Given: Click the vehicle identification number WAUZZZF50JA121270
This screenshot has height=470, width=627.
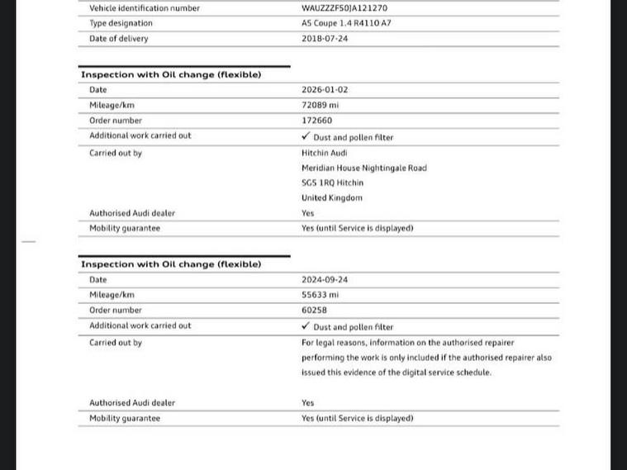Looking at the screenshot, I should point(344,8).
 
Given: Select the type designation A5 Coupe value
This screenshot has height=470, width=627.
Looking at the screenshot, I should point(346,23).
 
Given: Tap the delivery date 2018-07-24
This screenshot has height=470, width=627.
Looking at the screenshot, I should point(325,39).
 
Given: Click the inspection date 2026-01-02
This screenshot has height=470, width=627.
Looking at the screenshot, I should point(325,90).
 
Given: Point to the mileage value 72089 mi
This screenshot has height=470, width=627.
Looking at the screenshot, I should point(321,106).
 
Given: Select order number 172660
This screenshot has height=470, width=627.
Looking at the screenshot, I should point(317,121).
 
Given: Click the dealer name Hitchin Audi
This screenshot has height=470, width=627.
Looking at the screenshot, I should point(325,153).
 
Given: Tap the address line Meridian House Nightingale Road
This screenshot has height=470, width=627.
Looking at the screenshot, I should point(364,169).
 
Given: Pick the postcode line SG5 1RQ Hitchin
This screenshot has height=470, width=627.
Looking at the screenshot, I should point(332,183).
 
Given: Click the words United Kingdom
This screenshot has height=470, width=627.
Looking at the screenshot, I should point(332,198).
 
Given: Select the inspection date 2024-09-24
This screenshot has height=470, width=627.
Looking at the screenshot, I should point(325,280).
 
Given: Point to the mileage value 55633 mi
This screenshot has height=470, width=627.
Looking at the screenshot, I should point(321,295).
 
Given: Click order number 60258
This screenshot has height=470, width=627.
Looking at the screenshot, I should point(315,311).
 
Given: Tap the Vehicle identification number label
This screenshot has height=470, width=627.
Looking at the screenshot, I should point(145,8).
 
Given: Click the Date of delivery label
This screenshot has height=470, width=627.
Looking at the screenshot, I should point(119,39).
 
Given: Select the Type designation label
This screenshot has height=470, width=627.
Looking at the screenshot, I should point(122,23).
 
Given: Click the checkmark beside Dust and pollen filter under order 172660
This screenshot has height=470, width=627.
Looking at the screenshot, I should point(306,136).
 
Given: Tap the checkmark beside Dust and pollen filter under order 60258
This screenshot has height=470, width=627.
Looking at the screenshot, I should point(306,326).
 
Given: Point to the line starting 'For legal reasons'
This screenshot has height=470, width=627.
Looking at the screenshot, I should point(407,343).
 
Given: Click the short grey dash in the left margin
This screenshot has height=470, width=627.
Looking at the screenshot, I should point(29,242).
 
